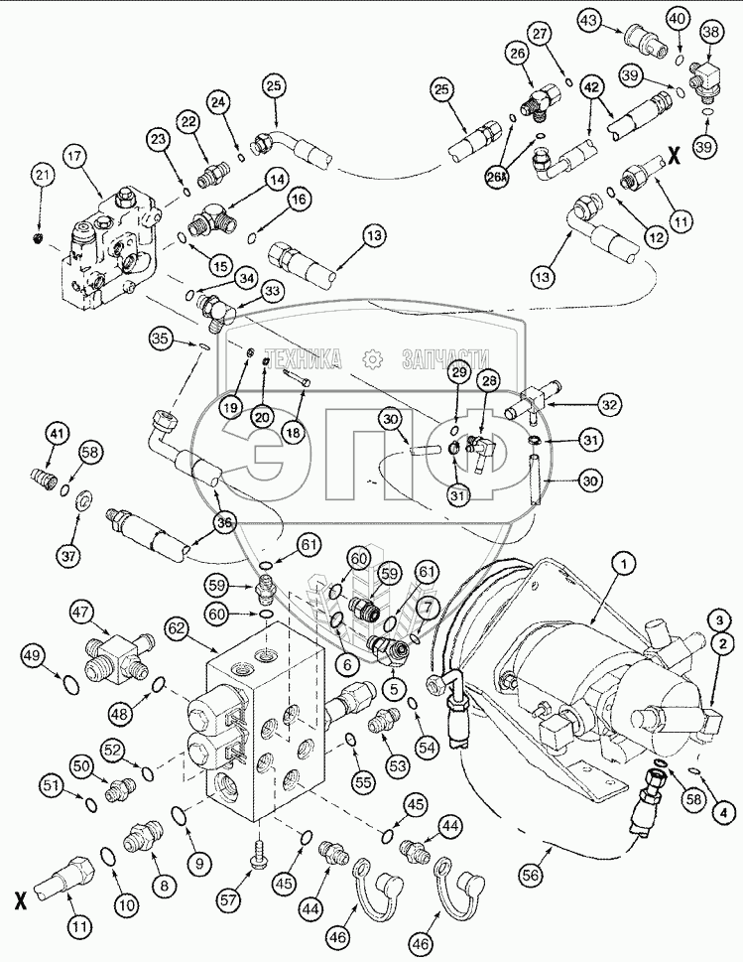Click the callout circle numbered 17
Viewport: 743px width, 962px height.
coord(78,156)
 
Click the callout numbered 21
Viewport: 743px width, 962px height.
coord(42,177)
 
